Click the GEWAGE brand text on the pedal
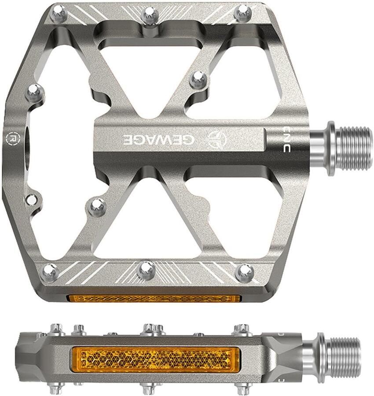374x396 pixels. (159, 139)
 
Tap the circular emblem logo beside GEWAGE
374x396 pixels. (216, 139)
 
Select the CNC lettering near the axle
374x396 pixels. (286, 139)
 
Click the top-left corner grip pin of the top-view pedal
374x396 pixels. (59, 13)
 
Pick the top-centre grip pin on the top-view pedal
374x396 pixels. (150, 15)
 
